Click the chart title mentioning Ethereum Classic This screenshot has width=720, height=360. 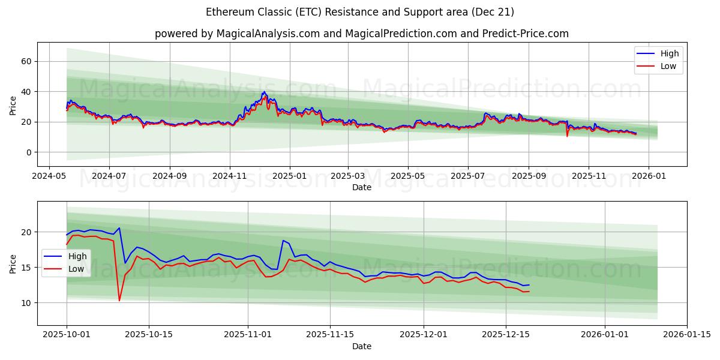[360, 12]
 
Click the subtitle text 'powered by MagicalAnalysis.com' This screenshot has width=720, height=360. [237, 34]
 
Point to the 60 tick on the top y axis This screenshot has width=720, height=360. [26, 61]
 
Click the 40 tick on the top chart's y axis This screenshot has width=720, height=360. [26, 92]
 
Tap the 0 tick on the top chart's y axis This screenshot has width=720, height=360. [29, 152]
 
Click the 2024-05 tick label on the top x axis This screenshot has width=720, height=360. [49, 176]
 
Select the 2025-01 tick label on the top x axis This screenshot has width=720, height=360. [289, 176]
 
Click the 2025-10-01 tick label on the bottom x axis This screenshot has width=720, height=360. [67, 335]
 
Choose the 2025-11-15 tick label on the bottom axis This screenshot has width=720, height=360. [329, 335]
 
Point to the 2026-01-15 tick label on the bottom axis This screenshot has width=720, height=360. [687, 335]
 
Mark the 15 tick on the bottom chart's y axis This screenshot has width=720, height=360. [26, 267]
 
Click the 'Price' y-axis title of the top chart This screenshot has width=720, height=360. [13, 104]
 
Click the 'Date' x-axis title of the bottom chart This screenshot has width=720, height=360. [362, 346]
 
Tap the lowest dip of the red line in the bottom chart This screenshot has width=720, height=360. [119, 300]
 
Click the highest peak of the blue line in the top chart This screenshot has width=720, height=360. [264, 92]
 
